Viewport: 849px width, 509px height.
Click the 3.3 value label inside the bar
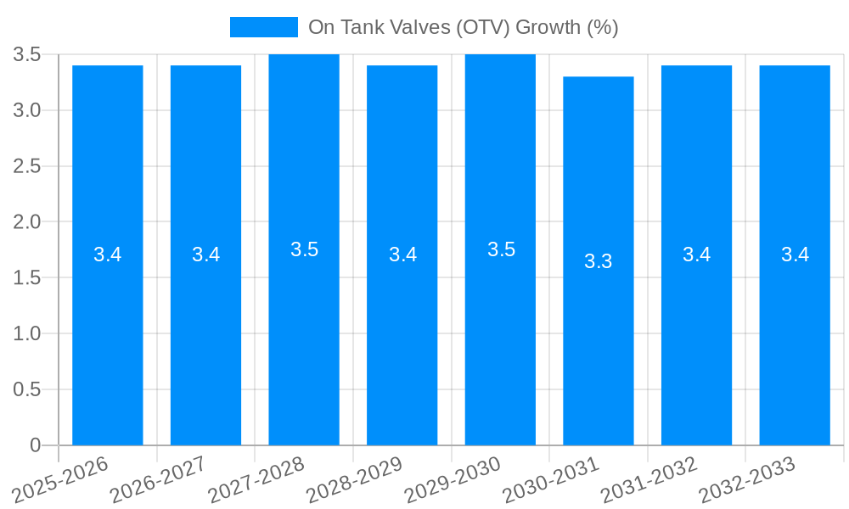599,261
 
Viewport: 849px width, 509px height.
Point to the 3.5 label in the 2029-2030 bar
501,249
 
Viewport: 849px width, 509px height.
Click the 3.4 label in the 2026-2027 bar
205,255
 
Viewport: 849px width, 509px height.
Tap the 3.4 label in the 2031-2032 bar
697,255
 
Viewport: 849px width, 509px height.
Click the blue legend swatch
264,27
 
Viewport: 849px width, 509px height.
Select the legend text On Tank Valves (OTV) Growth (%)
463,27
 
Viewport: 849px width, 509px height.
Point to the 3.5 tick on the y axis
27,55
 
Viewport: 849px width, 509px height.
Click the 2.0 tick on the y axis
27,222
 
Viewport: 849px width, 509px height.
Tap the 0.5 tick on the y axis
27,389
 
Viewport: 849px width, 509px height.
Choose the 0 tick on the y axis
36,445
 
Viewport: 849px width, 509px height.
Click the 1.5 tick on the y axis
27,278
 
